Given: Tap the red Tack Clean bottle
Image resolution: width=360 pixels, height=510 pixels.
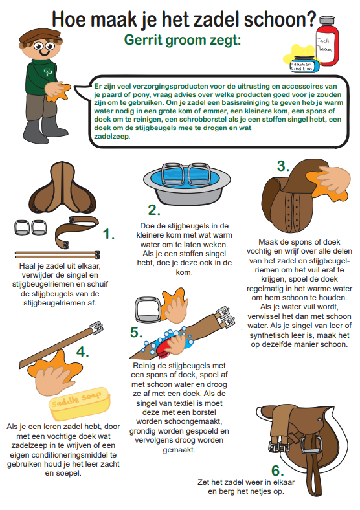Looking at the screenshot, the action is click(327, 41).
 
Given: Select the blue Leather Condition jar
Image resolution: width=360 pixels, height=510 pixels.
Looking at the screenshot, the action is click(304, 64).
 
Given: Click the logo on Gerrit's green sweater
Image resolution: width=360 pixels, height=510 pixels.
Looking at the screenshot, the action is click(48, 71).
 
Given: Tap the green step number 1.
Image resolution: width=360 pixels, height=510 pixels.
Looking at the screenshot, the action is click(108, 234).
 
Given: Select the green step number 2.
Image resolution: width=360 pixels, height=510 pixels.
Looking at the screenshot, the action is click(154, 210).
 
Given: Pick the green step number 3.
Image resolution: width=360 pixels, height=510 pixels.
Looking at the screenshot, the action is click(283, 166).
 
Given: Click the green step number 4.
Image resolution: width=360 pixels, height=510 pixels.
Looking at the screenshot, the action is click(82, 351).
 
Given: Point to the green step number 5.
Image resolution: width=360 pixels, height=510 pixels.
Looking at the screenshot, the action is click(136, 332).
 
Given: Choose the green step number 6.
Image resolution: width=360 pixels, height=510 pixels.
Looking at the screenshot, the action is click(277, 471).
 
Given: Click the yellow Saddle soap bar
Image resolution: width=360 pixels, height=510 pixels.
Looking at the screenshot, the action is click(80, 403).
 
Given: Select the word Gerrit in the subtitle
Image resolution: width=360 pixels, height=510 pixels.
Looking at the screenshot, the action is click(142, 40).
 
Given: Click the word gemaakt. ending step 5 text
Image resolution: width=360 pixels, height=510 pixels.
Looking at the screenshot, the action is click(179, 450).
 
